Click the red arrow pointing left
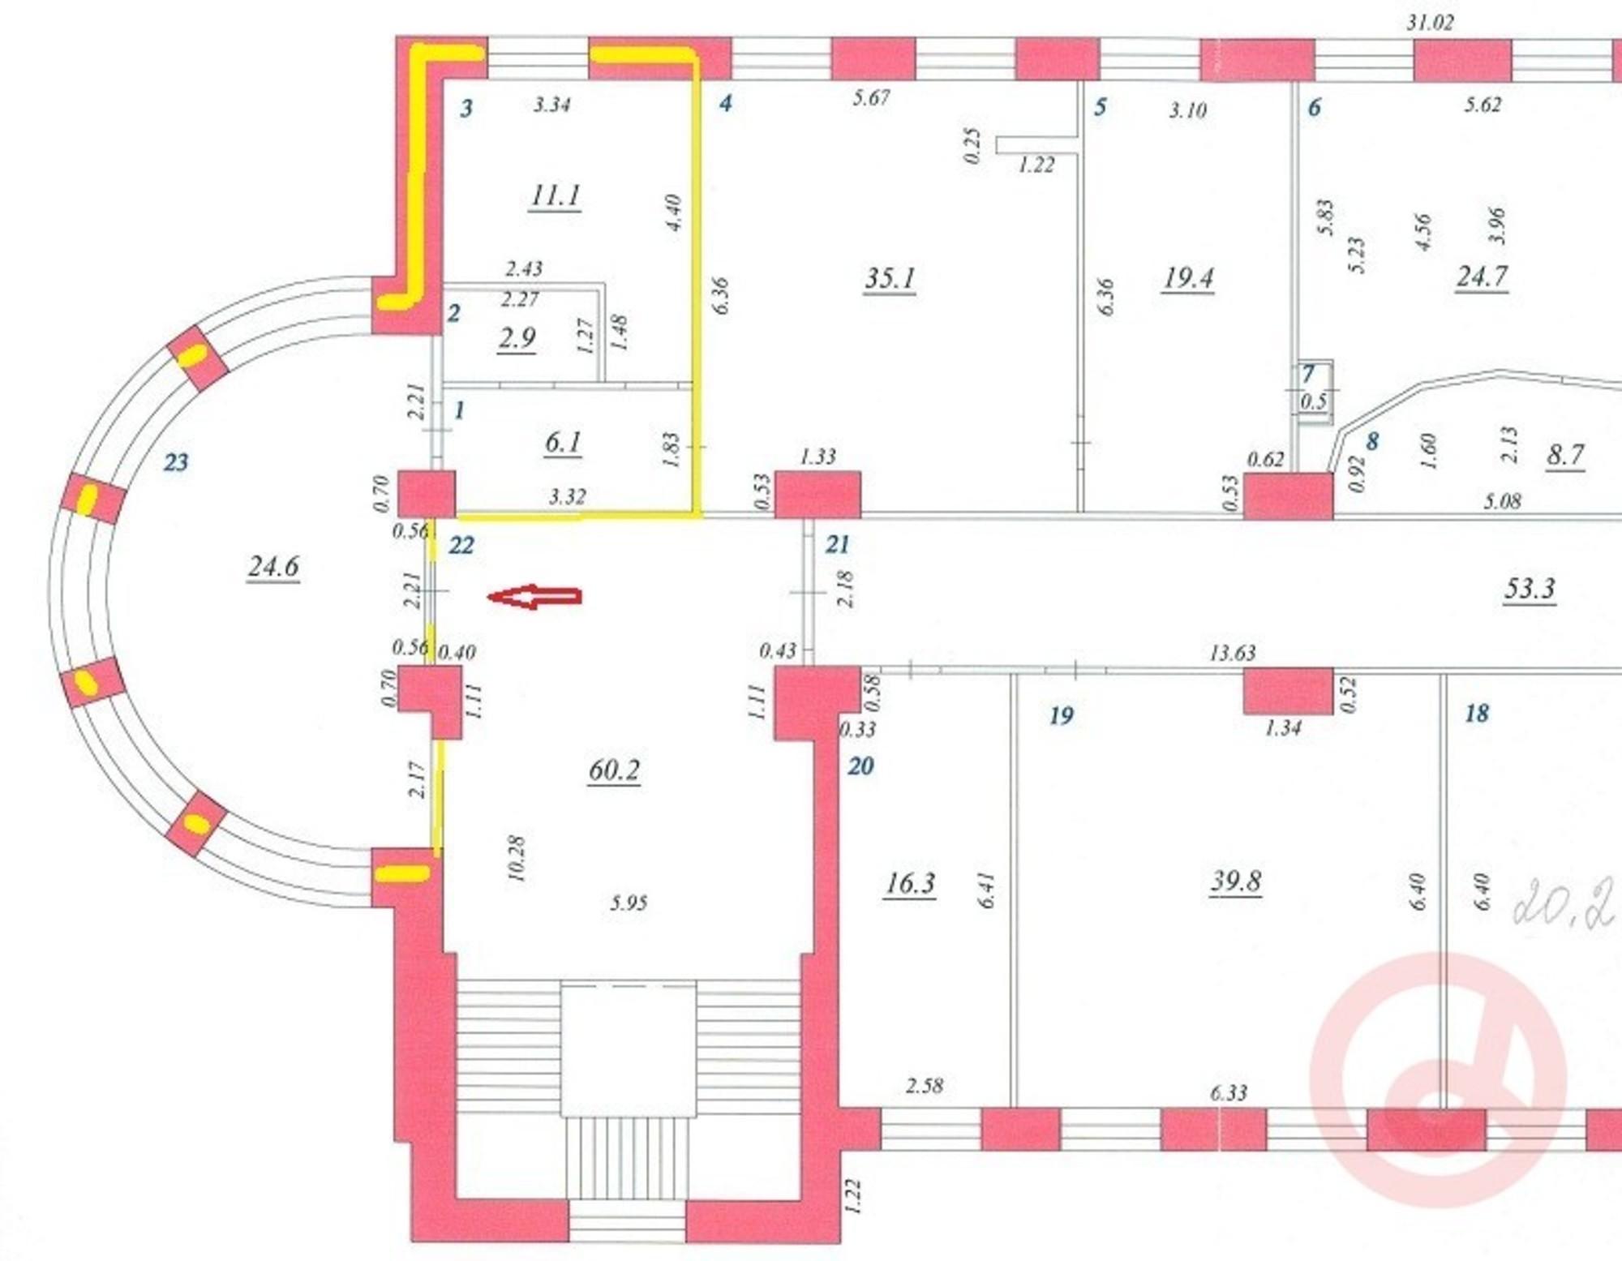tap(534, 597)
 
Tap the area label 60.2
tap(614, 770)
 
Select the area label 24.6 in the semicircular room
tap(273, 566)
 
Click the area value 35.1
tap(890, 278)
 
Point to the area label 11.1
tap(555, 195)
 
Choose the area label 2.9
tap(517, 337)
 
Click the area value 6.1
tap(563, 443)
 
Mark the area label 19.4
tap(1187, 278)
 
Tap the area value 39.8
tap(1235, 881)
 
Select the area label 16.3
tap(910, 882)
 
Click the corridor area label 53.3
tap(1530, 588)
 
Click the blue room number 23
tap(176, 462)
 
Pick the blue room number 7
tap(1307, 374)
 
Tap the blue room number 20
tap(860, 766)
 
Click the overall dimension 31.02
tap(1430, 23)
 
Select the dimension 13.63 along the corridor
tap(1232, 652)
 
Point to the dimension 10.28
tap(516, 858)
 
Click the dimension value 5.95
tap(629, 903)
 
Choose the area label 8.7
tap(1564, 455)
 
